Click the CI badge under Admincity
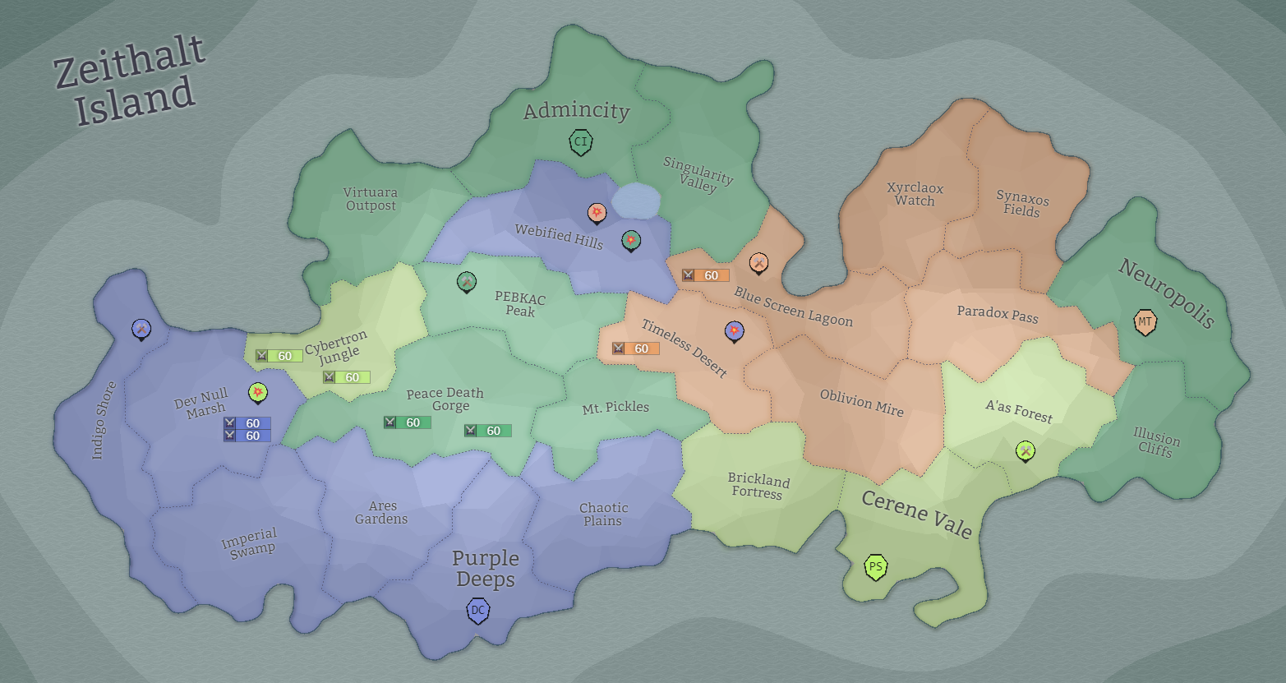pyautogui.click(x=581, y=141)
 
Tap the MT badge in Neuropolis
pyautogui.click(x=1145, y=321)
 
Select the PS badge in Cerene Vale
pyautogui.click(x=876, y=567)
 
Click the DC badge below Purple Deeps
pyautogui.click(x=477, y=611)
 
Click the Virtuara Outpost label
pyautogui.click(x=371, y=199)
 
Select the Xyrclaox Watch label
pyautogui.click(x=915, y=194)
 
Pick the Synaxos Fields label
pyautogui.click(x=1022, y=204)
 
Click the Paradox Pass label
pyautogui.click(x=998, y=314)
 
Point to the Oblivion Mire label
pyautogui.click(x=861, y=403)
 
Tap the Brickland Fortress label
pyautogui.click(x=758, y=486)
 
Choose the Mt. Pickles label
pyautogui.click(x=615, y=408)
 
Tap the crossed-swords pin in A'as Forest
pyautogui.click(x=1025, y=450)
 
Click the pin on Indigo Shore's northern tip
pyautogui.click(x=141, y=330)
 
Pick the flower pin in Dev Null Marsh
pyautogui.click(x=258, y=393)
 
